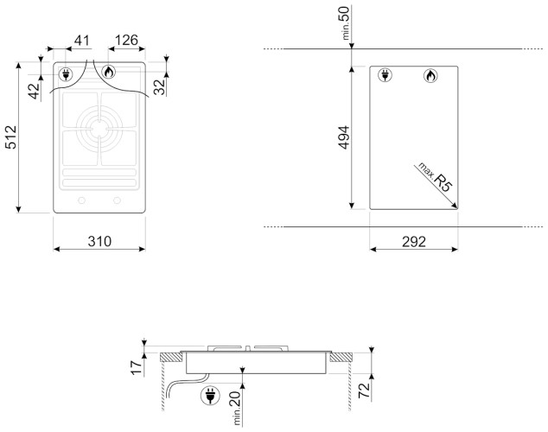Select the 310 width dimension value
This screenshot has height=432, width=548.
click(x=99, y=241)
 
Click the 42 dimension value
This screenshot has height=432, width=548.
click(x=35, y=91)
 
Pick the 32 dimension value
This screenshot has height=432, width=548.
click(x=158, y=87)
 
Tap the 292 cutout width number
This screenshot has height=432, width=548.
click(x=413, y=241)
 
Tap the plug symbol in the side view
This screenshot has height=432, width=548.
click(x=207, y=397)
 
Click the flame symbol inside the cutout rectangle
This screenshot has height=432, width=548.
click(x=430, y=77)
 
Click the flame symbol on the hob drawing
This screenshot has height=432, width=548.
click(x=109, y=73)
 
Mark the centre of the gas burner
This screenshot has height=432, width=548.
click(x=99, y=130)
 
